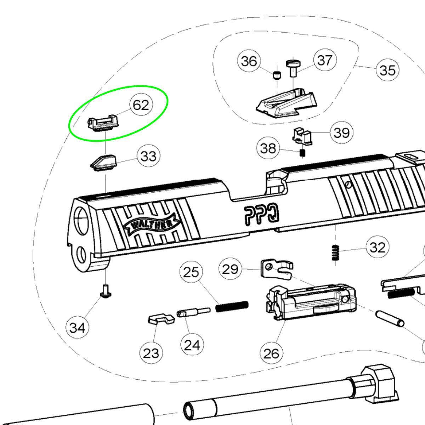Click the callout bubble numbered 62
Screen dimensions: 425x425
click(141, 105)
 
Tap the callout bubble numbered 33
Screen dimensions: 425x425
click(148, 156)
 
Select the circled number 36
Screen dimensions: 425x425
click(249, 61)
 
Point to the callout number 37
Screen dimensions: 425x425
click(325, 60)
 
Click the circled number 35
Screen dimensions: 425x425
click(387, 70)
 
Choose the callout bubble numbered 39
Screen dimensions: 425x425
click(341, 133)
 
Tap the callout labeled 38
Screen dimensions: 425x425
click(268, 148)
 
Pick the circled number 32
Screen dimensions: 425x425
click(377, 247)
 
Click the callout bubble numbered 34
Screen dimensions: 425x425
click(77, 328)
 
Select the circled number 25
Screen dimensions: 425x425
click(191, 272)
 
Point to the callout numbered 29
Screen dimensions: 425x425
click(230, 270)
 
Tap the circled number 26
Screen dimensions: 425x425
click(271, 353)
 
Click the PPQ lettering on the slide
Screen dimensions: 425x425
click(262, 215)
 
